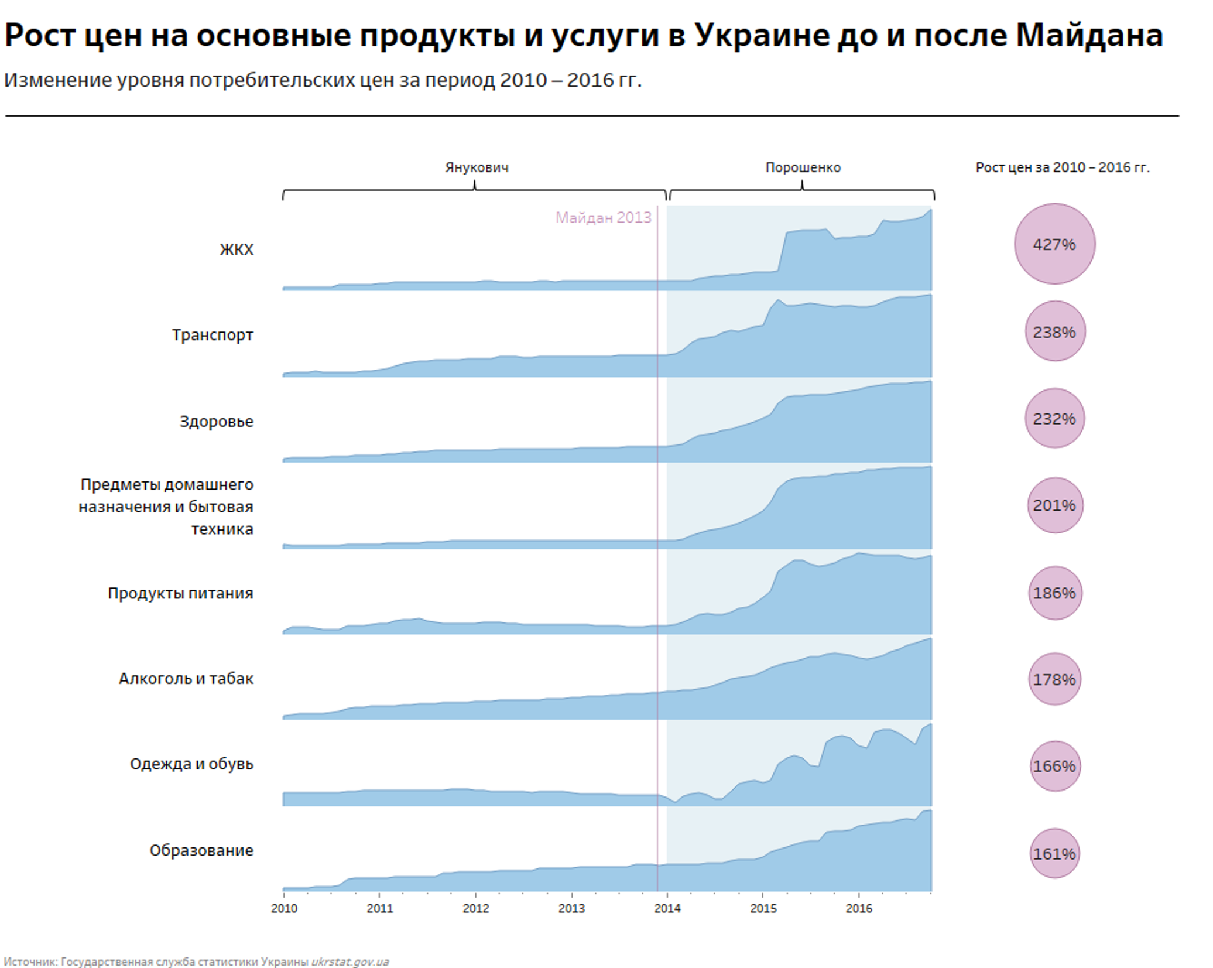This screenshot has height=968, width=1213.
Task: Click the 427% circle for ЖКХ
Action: click(x=1054, y=244)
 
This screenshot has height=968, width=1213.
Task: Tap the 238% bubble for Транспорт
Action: click(x=1054, y=332)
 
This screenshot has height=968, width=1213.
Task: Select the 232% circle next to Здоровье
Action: click(x=1054, y=419)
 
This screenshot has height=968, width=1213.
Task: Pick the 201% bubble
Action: click(x=1054, y=505)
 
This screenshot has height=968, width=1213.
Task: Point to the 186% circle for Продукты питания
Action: click(x=1054, y=593)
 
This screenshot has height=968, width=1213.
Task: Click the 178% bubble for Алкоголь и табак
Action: click(x=1054, y=679)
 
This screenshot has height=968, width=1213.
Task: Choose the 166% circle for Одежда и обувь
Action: click(x=1054, y=766)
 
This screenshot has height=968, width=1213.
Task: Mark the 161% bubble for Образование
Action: click(x=1054, y=854)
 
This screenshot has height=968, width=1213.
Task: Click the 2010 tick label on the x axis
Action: click(x=285, y=908)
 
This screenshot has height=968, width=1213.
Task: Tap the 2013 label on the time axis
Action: click(x=571, y=908)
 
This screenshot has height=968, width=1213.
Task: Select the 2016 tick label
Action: click(x=859, y=908)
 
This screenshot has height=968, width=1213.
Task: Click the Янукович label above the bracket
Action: click(x=477, y=168)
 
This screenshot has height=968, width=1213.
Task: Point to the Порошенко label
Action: click(x=803, y=168)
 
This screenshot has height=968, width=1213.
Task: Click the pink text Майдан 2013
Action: click(x=603, y=218)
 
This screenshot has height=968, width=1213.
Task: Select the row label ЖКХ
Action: click(x=237, y=250)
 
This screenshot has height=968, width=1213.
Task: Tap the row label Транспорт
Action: click(x=213, y=335)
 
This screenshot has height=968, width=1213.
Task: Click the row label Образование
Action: click(x=201, y=850)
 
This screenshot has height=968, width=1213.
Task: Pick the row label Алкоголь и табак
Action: click(x=186, y=679)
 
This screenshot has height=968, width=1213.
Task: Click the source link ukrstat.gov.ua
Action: click(x=349, y=962)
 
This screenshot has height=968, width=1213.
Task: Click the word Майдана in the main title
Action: click(x=1089, y=35)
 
